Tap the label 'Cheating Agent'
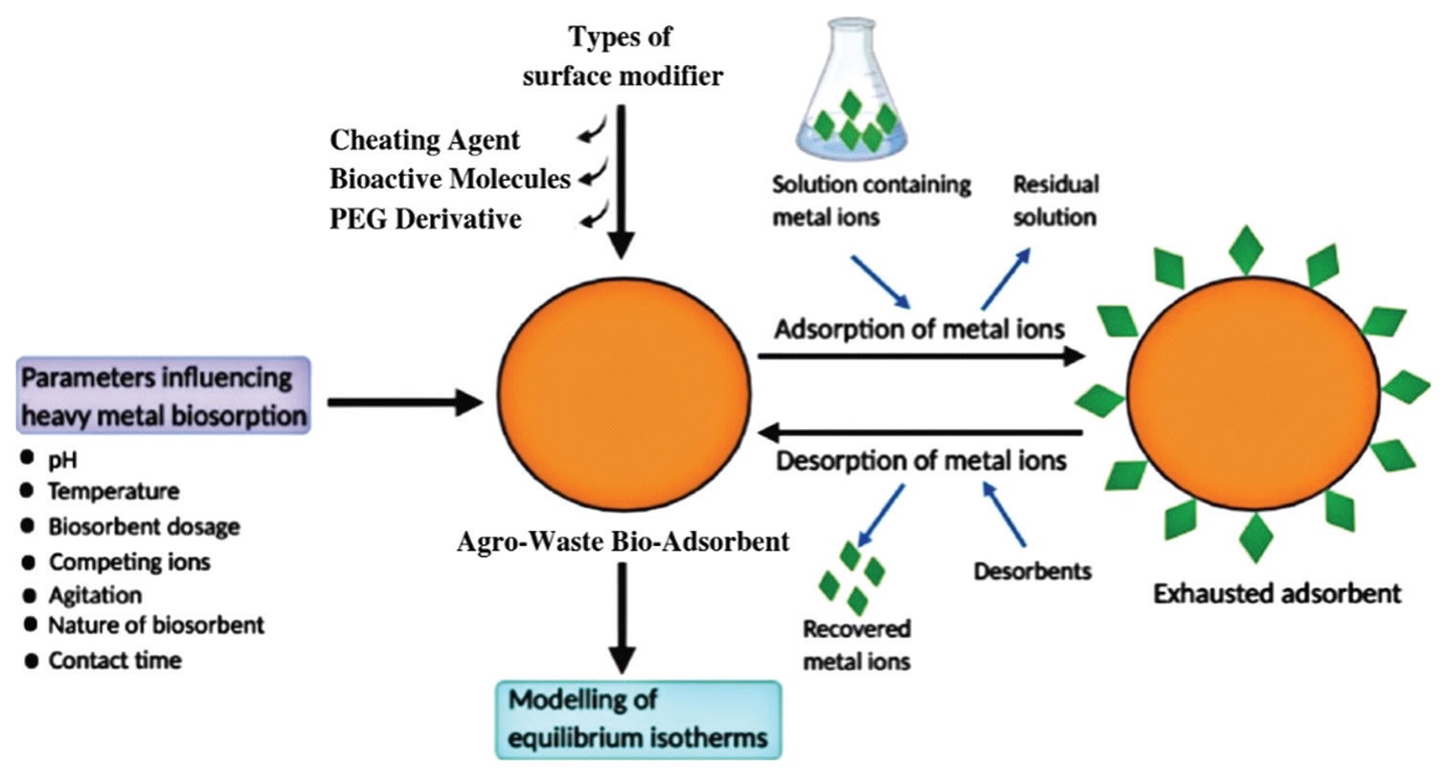click(424, 140)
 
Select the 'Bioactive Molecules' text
click(450, 179)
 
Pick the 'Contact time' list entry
click(115, 660)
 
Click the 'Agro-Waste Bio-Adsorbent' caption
click(622, 541)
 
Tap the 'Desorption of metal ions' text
click(920, 461)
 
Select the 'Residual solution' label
click(1056, 199)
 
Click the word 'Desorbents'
click(1032, 572)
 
